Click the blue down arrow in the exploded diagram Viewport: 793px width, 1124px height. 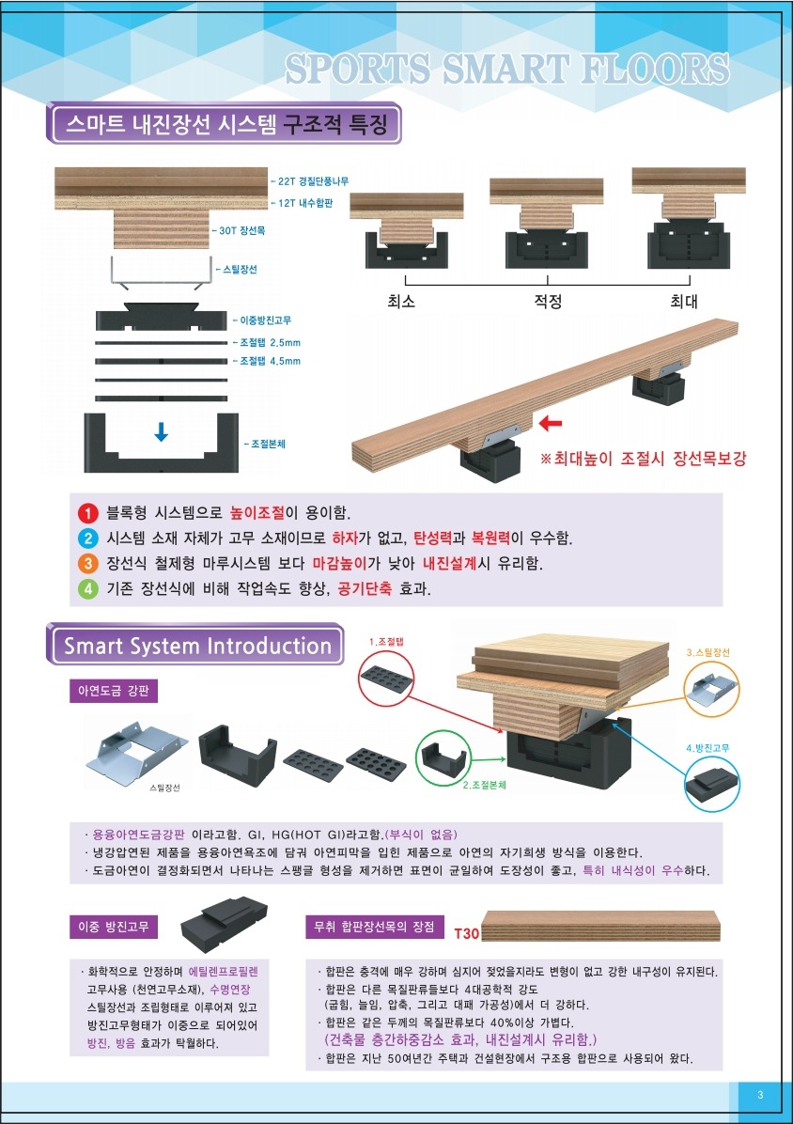pos(162,431)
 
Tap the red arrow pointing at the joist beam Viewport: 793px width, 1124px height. pos(551,425)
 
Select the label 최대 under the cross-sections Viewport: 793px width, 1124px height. pos(684,302)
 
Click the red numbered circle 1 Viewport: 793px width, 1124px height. pos(86,513)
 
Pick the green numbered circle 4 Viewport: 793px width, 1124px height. pos(86,589)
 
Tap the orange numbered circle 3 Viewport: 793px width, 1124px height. pos(86,564)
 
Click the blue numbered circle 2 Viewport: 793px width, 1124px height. pos(86,539)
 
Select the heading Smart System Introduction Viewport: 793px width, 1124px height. pos(197,646)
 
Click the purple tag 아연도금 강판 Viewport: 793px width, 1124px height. pos(113,691)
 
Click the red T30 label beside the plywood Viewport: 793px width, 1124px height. pos(466,932)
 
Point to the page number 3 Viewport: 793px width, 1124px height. pos(760,1095)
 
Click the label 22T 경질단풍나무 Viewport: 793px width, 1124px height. pos(310,182)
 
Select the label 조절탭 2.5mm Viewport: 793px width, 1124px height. pos(267,343)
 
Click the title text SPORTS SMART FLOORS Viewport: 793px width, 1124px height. pos(507,70)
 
